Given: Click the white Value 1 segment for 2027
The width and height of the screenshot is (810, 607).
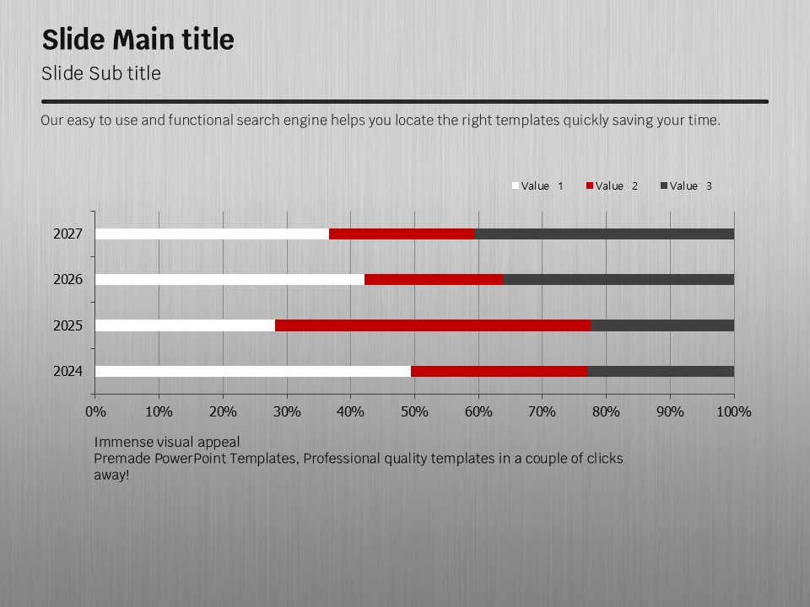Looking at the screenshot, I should (x=212, y=234).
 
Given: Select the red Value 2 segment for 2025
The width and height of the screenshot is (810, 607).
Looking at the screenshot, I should (x=433, y=325).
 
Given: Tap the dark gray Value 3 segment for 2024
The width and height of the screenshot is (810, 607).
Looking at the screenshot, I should (x=660, y=371).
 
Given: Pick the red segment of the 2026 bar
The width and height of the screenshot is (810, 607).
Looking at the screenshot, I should (x=434, y=279).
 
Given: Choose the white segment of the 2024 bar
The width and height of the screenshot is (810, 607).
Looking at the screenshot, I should (x=253, y=371).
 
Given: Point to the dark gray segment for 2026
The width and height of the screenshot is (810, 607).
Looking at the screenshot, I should (x=618, y=279).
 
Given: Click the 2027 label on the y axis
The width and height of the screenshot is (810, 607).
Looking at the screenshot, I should (x=67, y=234).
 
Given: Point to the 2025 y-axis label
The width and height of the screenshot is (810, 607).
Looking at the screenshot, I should (x=67, y=325).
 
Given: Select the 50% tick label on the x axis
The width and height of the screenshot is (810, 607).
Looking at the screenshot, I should (x=414, y=411).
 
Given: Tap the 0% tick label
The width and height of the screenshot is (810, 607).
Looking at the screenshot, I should (x=95, y=411).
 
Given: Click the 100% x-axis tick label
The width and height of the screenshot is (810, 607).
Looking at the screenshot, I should (x=733, y=411).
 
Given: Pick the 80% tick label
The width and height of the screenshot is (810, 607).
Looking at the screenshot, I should (x=606, y=411).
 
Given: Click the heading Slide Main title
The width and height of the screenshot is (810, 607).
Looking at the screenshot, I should (x=138, y=40).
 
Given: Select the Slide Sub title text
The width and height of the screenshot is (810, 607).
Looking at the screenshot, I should (x=101, y=73).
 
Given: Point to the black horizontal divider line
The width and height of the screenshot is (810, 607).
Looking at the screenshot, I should (x=405, y=101).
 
